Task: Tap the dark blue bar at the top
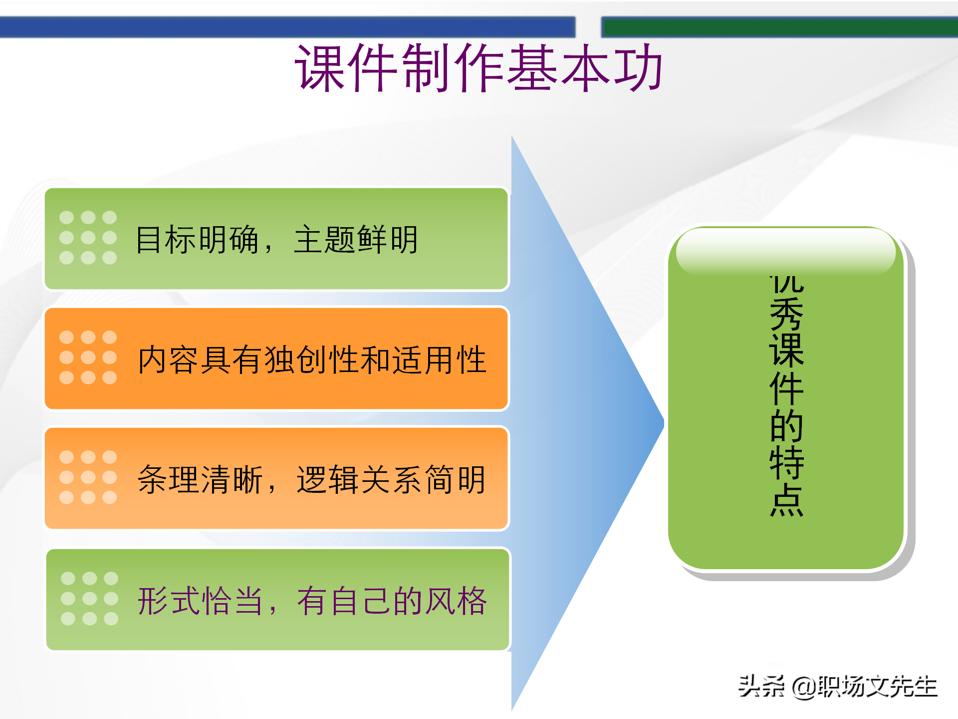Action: (x=287, y=27)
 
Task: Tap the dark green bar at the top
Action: (x=778, y=27)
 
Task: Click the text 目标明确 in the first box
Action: (x=197, y=240)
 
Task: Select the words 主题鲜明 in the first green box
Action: (x=356, y=240)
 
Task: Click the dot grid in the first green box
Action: (x=88, y=238)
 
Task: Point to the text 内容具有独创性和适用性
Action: (x=312, y=360)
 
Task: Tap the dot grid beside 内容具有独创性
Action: (x=88, y=358)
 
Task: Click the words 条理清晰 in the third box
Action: (x=200, y=480)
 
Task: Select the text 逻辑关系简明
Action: (x=391, y=480)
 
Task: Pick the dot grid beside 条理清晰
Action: (x=88, y=477)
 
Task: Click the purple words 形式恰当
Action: (x=200, y=601)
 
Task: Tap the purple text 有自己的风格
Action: (x=392, y=601)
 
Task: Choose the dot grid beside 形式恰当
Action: (x=89, y=599)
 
